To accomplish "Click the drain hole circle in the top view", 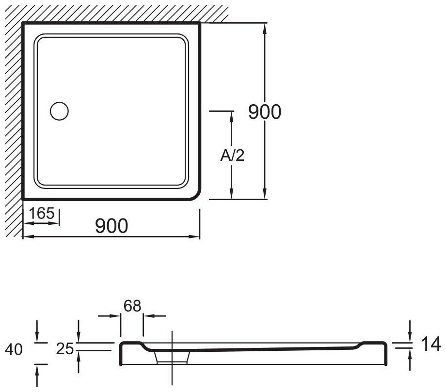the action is tap(59, 111).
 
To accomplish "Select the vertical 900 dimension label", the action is tap(265, 112).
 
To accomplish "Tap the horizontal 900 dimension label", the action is tap(111, 226).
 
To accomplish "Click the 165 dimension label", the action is tap(42, 213).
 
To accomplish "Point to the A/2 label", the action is tap(232, 156).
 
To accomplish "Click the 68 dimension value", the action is tap(132, 306).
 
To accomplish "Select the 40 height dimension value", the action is tap(14, 349).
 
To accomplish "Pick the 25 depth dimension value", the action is tap(65, 349).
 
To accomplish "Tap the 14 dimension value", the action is tap(430, 344).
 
